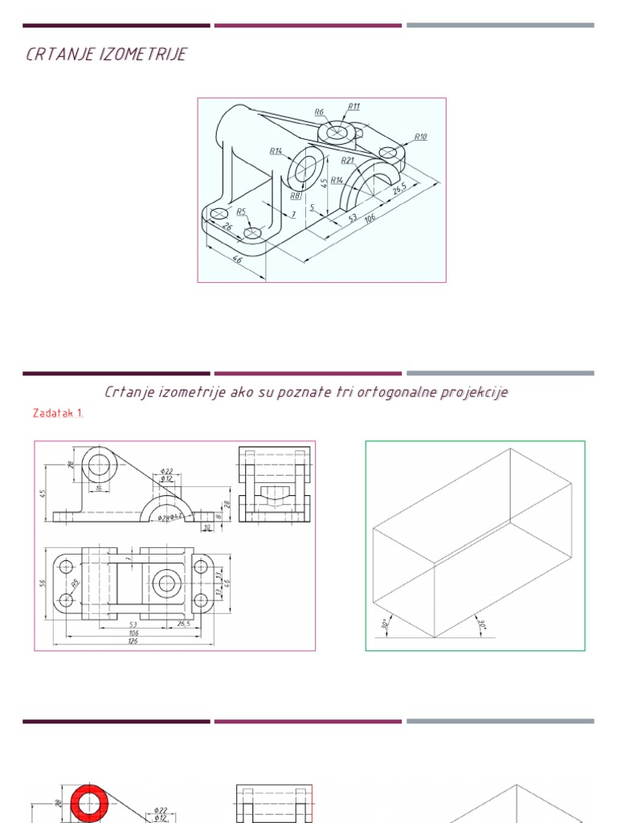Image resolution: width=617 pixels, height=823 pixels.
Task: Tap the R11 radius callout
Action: [x=354, y=106]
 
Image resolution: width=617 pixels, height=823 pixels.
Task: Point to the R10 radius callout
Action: [x=421, y=137]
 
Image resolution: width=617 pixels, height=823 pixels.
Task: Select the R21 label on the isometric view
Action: [x=347, y=160]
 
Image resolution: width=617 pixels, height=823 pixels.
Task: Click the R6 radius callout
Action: [x=319, y=113]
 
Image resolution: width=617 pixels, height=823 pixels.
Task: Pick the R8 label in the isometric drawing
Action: [x=295, y=195]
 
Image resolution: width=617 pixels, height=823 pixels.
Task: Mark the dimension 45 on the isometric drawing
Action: [x=325, y=182]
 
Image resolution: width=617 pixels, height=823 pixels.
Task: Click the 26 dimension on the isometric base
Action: [x=227, y=227]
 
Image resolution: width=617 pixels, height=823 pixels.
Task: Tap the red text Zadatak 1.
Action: [x=58, y=413]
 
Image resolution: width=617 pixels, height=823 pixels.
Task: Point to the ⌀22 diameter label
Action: [x=167, y=470]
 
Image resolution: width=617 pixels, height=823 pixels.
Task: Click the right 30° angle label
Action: [x=482, y=624]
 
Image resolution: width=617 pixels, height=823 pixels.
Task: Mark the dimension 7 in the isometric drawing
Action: [x=293, y=215]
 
